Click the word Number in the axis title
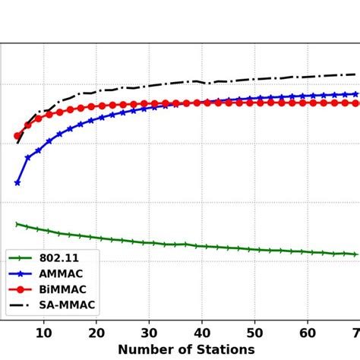click(x=144, y=349)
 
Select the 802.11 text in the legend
click(x=58, y=258)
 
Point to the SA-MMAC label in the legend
click(x=67, y=305)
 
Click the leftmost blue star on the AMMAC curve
click(x=17, y=183)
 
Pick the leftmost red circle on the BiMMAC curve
click(x=17, y=136)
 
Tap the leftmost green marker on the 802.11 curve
click(x=17, y=224)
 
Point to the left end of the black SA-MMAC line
click(x=17, y=143)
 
